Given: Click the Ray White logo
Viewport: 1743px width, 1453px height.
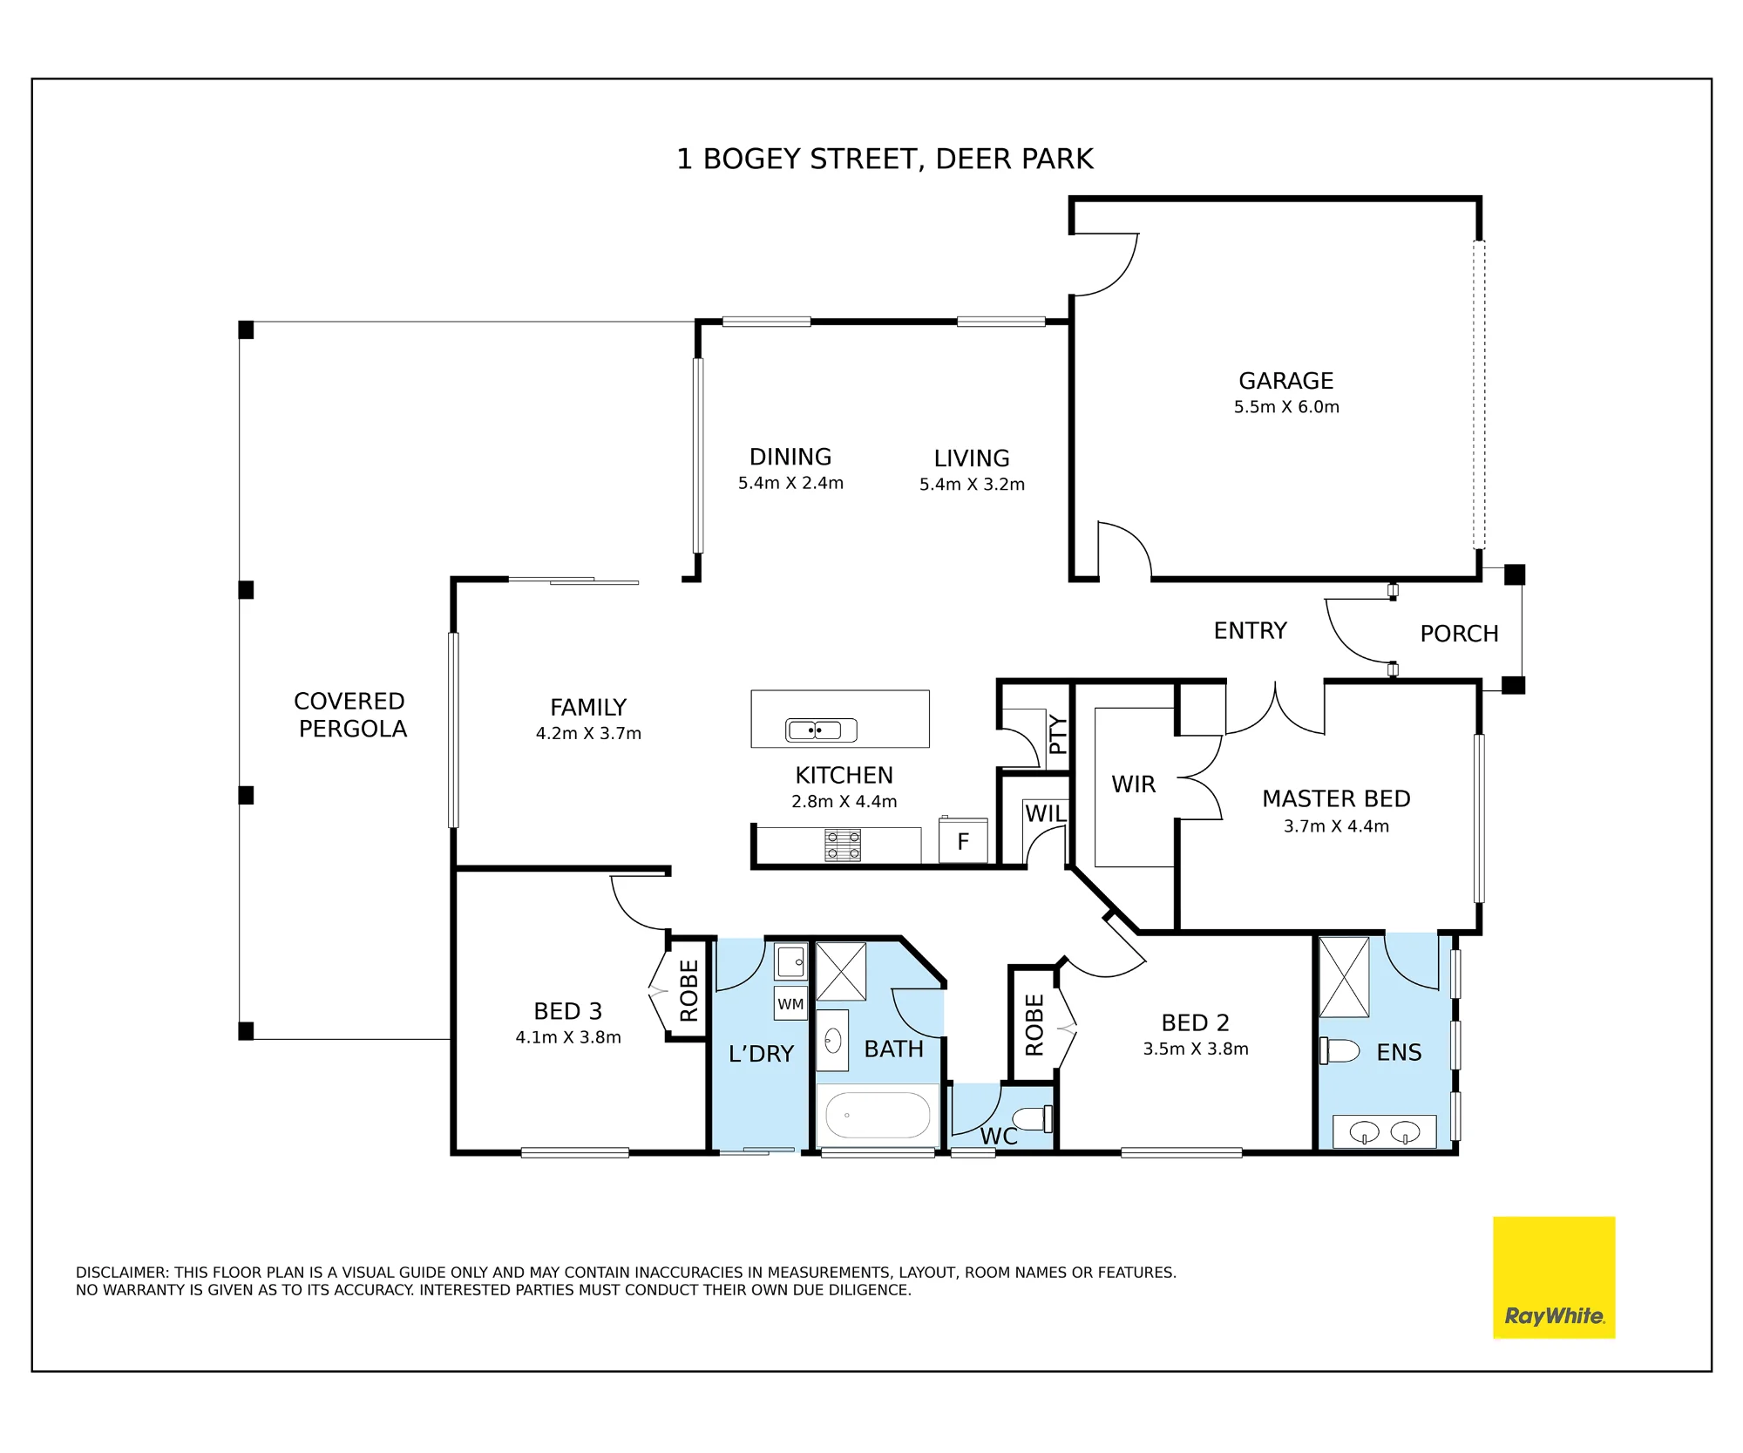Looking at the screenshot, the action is tap(1554, 1277).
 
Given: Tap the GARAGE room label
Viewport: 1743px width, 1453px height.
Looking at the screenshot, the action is tap(1286, 381).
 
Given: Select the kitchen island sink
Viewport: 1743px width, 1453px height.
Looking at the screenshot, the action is tap(821, 730).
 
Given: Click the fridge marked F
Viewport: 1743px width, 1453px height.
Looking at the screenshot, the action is tap(963, 840).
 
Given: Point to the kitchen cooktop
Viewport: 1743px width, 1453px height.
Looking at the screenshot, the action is tap(843, 845).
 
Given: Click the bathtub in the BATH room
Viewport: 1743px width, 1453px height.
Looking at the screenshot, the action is tap(878, 1115).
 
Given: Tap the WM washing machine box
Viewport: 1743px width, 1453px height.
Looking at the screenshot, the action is tap(790, 1003).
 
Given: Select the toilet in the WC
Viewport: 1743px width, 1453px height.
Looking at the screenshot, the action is tap(1033, 1117).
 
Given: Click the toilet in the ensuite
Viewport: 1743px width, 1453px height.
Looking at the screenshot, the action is tap(1339, 1050).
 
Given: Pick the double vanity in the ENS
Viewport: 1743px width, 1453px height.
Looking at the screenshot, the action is tap(1385, 1131).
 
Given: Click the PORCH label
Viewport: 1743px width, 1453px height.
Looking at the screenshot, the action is tap(1460, 634).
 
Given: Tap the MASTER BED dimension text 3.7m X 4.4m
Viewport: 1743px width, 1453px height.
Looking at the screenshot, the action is tap(1336, 826).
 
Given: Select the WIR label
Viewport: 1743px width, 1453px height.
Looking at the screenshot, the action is tap(1133, 784).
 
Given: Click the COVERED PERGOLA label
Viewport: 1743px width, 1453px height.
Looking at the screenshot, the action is tap(350, 715).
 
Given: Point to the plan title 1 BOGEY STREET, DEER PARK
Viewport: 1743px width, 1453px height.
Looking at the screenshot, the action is tap(885, 159).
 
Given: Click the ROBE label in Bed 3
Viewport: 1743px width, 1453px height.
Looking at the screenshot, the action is tap(689, 990).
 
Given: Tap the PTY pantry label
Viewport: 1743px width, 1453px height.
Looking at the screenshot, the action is tap(1058, 734).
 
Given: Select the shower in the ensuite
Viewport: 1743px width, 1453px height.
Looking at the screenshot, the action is tap(1344, 977).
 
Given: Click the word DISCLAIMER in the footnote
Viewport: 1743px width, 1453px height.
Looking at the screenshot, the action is tap(122, 1273).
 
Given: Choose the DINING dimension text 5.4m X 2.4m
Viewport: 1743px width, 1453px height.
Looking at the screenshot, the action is tap(790, 483).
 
